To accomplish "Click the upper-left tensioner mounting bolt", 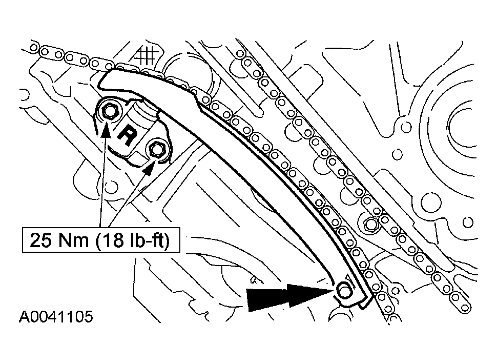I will click(109, 110).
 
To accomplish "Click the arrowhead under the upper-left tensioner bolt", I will click(106, 131).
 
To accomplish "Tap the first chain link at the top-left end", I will click(34, 48).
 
